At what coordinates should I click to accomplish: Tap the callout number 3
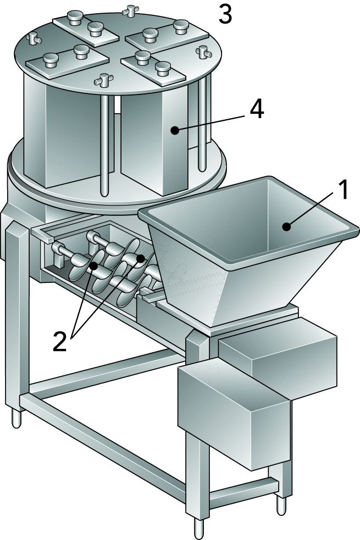225,15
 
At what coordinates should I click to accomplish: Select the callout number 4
256,109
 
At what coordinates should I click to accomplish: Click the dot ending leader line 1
285,226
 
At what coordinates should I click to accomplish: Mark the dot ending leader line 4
174,130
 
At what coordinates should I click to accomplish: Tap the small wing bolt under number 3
129,9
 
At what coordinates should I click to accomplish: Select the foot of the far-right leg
282,504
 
